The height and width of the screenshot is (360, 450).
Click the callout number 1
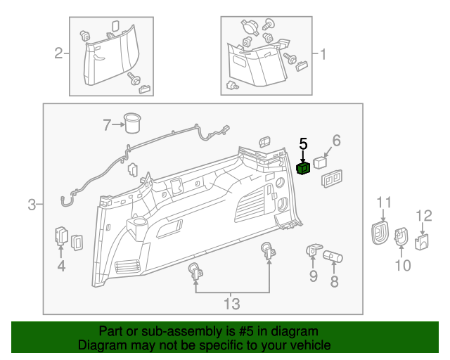coord(323,54)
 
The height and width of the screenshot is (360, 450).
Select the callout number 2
coord(59,53)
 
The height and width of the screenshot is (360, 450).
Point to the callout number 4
coord(61,266)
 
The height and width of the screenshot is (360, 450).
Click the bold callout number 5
coord(304,143)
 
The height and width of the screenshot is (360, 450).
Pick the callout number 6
coord(336,141)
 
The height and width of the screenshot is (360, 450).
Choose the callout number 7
coord(107,125)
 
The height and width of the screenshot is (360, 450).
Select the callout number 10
coord(402,265)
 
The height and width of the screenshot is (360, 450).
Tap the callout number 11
coord(383,203)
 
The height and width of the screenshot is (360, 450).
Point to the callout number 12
coord(424,215)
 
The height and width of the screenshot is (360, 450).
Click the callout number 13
coord(231,304)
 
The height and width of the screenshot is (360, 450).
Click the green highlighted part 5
coord(304,168)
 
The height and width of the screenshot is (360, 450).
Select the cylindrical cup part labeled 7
coord(131,122)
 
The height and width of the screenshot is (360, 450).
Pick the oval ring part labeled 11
coord(380,231)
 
